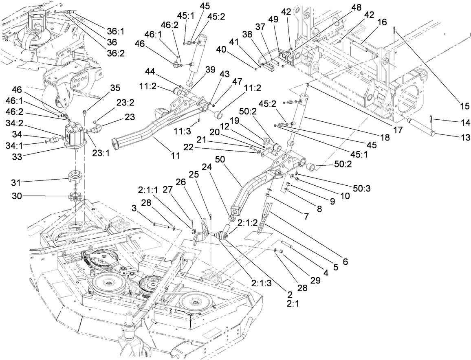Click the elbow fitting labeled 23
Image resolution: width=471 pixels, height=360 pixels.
pyautogui.click(x=97, y=131)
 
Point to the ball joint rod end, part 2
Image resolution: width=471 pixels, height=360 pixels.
pyautogui.click(x=220, y=235)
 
